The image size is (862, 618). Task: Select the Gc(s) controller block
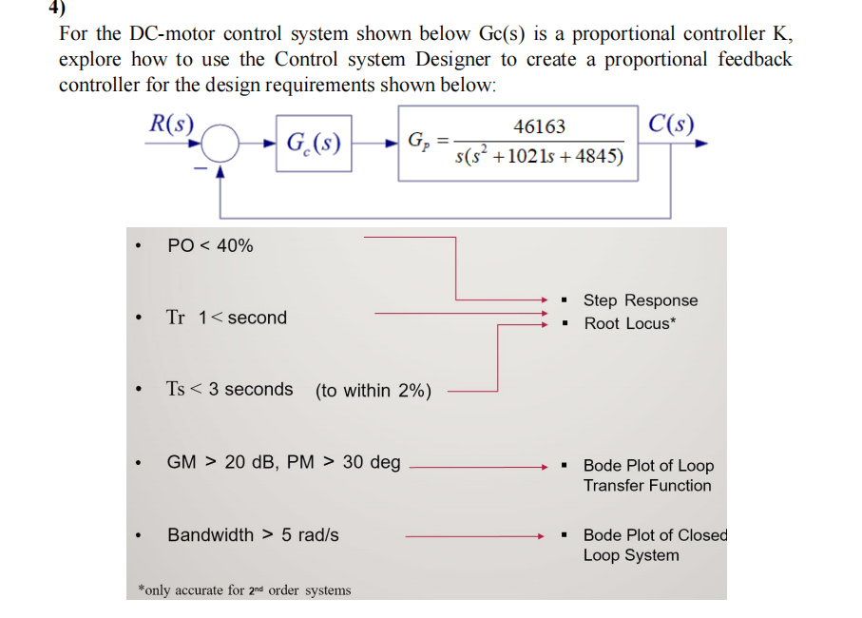tap(314, 145)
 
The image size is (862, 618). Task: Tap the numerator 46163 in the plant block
tap(539, 126)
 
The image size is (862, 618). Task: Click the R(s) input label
tap(172, 123)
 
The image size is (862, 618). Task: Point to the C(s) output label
tap(671, 124)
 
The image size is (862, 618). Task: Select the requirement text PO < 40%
tap(210, 245)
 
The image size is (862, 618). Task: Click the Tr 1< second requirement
tap(226, 318)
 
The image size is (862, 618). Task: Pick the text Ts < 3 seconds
tap(229, 389)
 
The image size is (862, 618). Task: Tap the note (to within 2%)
tap(374, 391)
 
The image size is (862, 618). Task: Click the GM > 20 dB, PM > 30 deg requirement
tap(283, 462)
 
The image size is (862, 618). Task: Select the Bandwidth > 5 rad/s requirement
tap(253, 534)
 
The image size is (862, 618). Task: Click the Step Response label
tap(640, 300)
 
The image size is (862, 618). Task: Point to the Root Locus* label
tap(630, 323)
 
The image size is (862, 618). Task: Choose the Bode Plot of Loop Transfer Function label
tap(647, 475)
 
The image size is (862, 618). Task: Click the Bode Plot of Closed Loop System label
tap(654, 545)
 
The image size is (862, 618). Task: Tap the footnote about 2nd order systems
tap(244, 590)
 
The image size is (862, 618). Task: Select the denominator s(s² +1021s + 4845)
tap(539, 156)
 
